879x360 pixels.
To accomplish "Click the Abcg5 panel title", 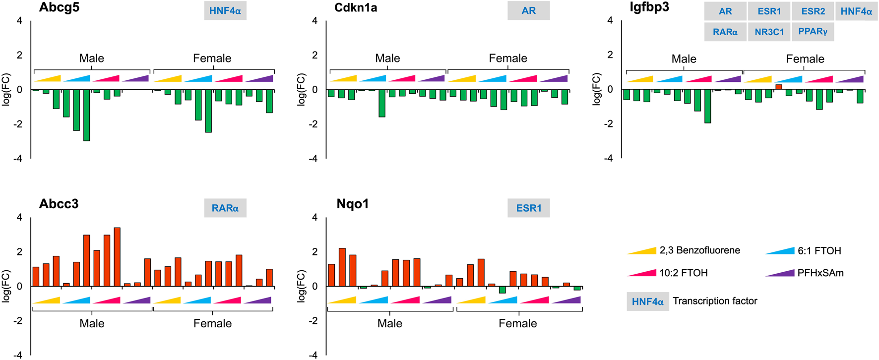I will point(59,8).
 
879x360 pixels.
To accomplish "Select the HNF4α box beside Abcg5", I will point(225,11).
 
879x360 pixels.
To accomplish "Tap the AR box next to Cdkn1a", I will point(528,11).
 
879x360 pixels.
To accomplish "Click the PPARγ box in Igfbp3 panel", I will point(813,32).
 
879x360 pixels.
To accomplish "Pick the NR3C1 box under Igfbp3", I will point(769,32).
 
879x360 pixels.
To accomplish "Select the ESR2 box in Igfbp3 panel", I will point(813,11).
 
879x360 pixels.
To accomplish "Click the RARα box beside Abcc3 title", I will point(225,208).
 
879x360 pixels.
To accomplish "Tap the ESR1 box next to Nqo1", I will point(528,208).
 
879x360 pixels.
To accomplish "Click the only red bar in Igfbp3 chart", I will point(779,87).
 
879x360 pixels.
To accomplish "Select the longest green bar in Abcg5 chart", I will point(87,115).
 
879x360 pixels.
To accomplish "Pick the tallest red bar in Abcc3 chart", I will point(117,257).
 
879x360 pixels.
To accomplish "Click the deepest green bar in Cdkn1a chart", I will point(382,103).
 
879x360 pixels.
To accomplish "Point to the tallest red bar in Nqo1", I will point(342,267).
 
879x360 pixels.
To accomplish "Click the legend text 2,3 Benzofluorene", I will point(699,250).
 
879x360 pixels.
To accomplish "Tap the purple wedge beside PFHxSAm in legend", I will point(780,273).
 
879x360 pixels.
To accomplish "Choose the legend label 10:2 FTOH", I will point(683,273).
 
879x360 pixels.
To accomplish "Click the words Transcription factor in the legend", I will point(714,301).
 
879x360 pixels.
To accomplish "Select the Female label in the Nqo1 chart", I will point(517,323).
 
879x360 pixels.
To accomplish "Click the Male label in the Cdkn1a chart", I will point(387,59).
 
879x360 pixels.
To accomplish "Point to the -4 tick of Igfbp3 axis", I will point(610,158).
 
